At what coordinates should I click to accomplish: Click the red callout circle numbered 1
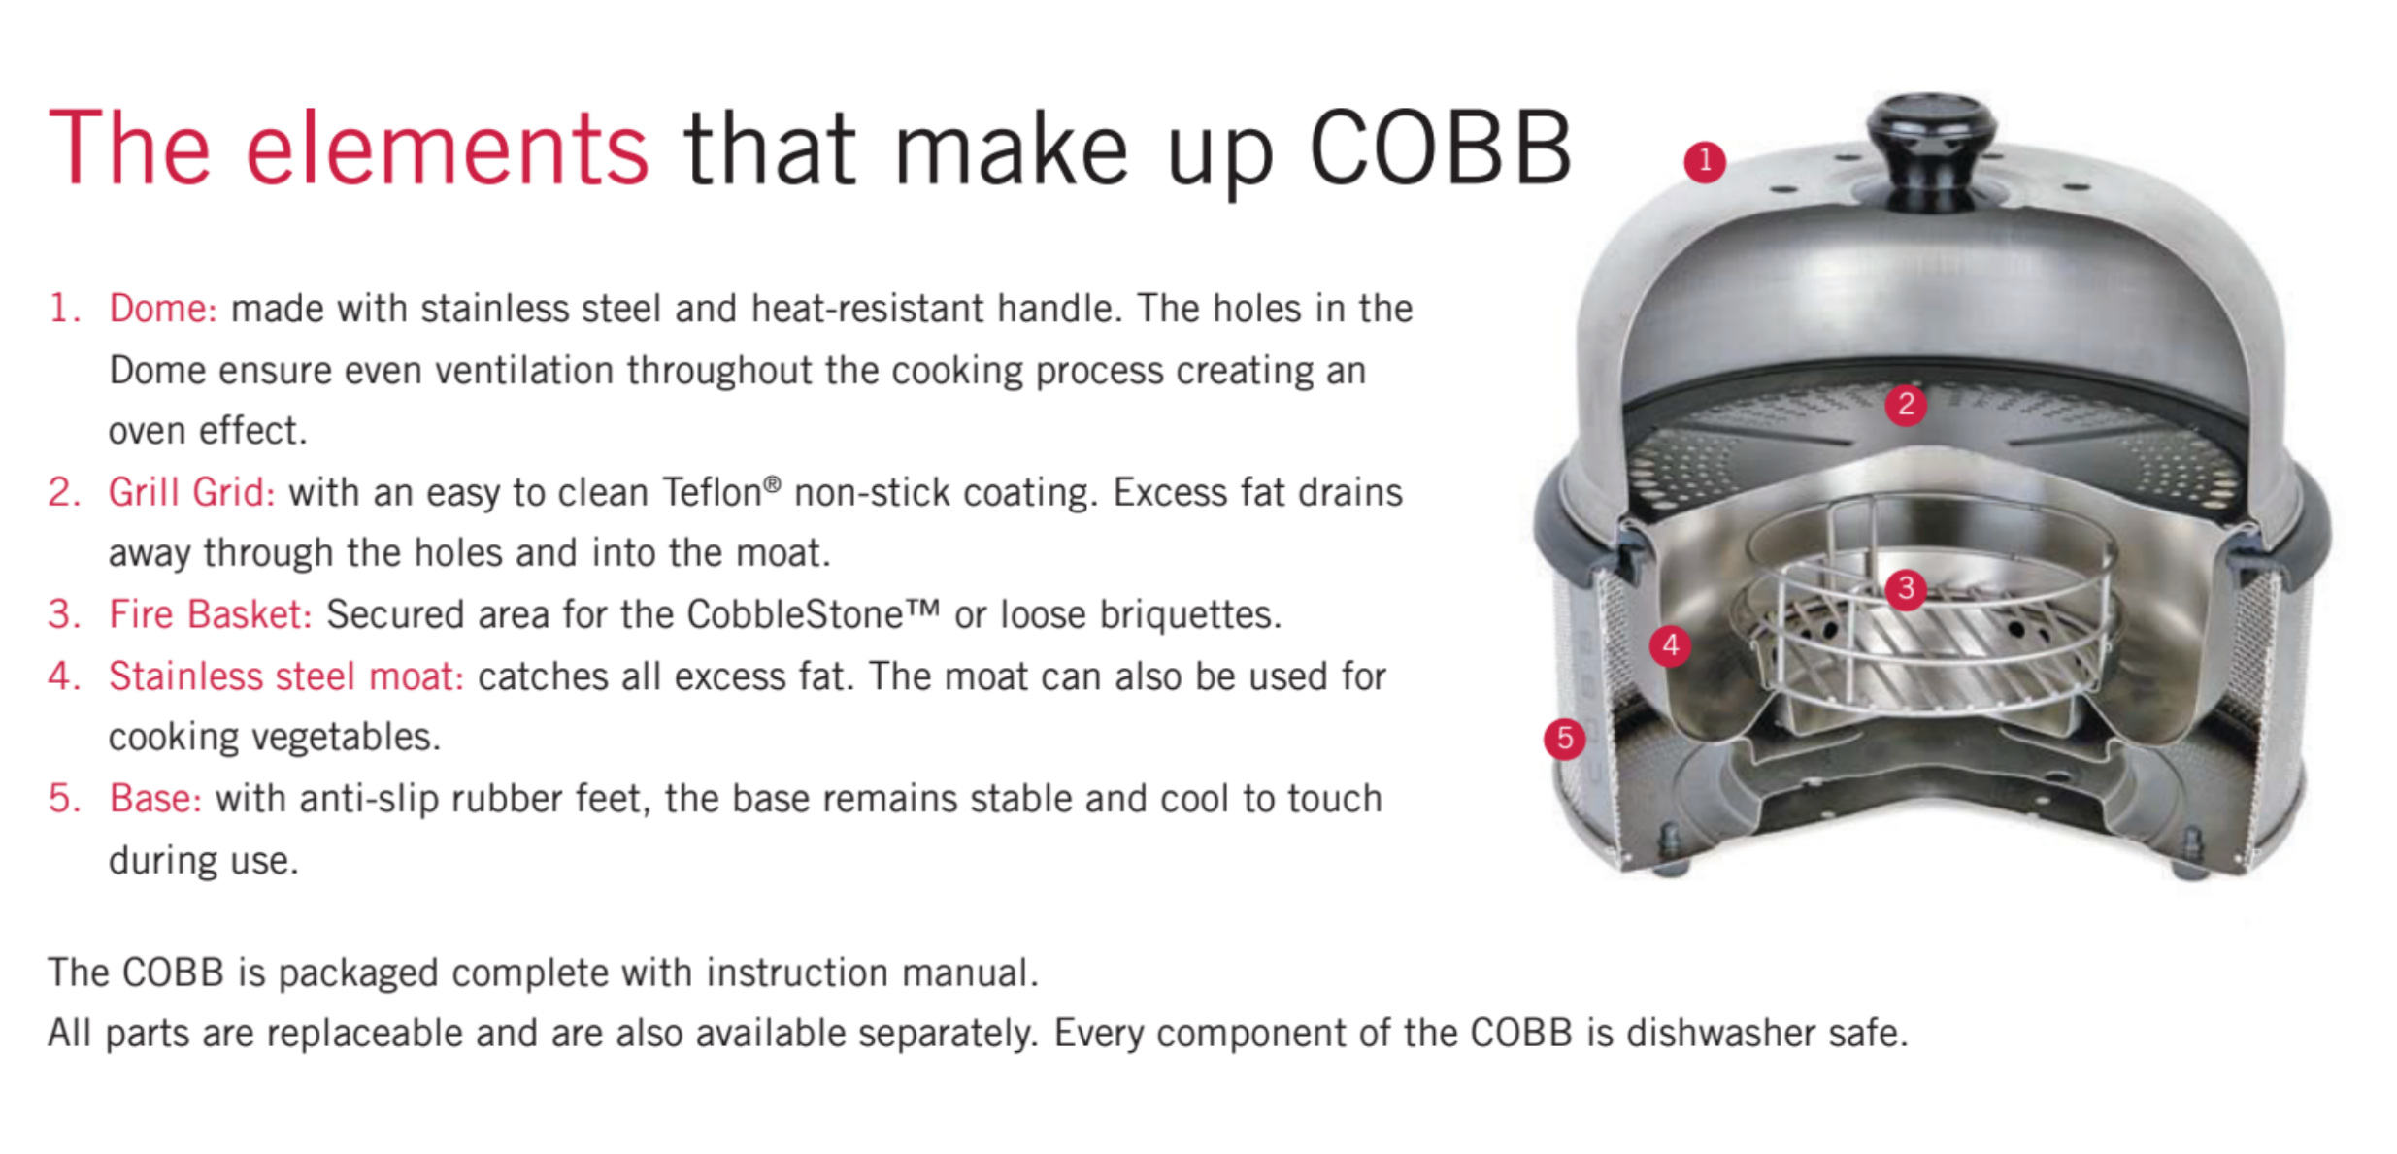click(x=1704, y=161)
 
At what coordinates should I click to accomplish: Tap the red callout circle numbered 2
click(x=1906, y=404)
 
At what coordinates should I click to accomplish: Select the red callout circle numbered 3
click(x=1906, y=588)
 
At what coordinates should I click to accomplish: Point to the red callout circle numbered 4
click(x=1670, y=644)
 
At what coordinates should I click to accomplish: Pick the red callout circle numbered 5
click(x=1564, y=739)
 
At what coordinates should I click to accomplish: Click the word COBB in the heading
click(x=1440, y=148)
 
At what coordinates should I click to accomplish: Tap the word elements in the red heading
click(x=447, y=148)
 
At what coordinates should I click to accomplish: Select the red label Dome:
click(x=163, y=309)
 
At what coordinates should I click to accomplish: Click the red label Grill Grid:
click(x=191, y=493)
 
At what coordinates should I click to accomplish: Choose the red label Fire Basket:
click(x=211, y=614)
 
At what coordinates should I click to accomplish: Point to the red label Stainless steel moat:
click(x=286, y=676)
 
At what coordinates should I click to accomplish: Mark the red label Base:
click(x=155, y=799)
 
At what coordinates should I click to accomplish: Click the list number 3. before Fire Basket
click(x=65, y=614)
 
